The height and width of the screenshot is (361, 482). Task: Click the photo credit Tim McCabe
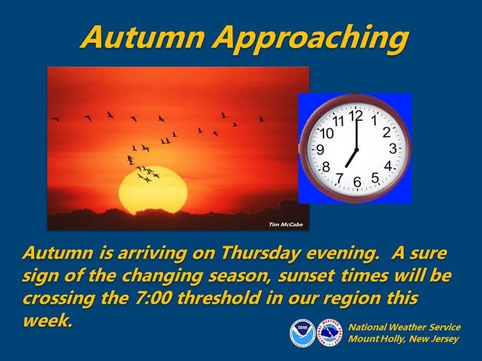point(286,225)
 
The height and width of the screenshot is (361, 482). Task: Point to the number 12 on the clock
point(355,115)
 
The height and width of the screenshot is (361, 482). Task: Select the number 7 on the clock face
point(339,177)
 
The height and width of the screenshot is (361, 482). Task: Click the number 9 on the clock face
point(320,150)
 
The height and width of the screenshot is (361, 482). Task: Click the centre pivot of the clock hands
point(356,150)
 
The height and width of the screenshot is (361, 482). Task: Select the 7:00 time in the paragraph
point(152,298)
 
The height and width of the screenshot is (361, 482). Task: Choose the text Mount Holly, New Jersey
point(403,339)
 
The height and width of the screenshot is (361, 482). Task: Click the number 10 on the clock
point(327,133)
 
